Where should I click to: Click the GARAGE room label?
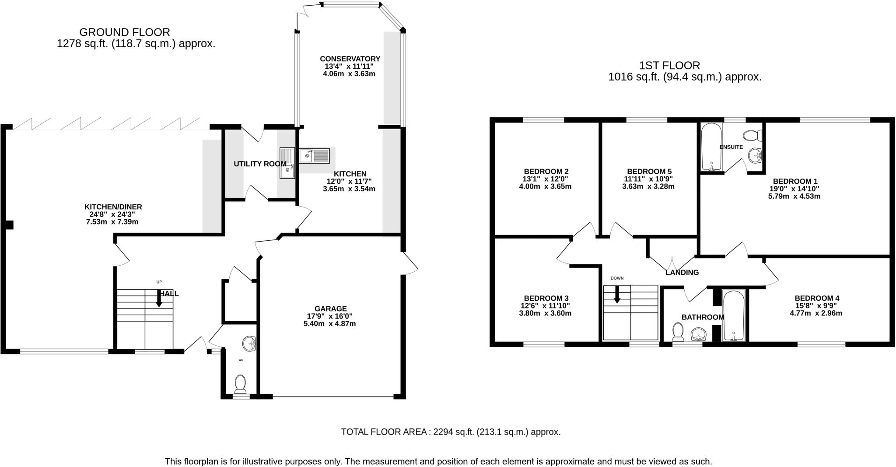pyautogui.click(x=330, y=309)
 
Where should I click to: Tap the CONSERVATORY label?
pyautogui.click(x=350, y=59)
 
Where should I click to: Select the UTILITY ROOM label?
pyautogui.click(x=260, y=164)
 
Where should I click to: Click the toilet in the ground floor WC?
pyautogui.click(x=240, y=384)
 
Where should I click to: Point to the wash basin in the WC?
pyautogui.click(x=249, y=343)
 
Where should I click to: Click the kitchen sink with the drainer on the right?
pyautogui.click(x=315, y=156)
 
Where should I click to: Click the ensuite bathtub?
pyautogui.click(x=711, y=147)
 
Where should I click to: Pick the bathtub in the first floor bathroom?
pyautogui.click(x=734, y=315)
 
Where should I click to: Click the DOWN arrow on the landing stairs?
pyautogui.click(x=617, y=294)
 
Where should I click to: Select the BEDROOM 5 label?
pyautogui.click(x=649, y=171)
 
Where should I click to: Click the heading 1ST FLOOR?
pyautogui.click(x=669, y=66)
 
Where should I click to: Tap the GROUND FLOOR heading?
pyautogui.click(x=125, y=32)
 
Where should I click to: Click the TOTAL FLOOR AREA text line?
pyautogui.click(x=451, y=432)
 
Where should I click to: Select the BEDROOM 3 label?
pyautogui.click(x=546, y=298)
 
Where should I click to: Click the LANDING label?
pyautogui.click(x=682, y=273)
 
